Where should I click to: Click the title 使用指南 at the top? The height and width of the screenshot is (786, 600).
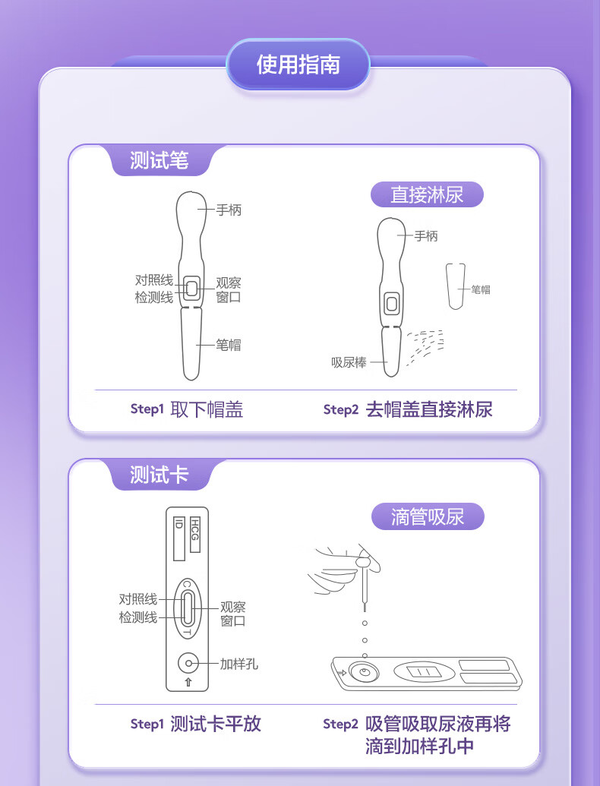click(x=298, y=64)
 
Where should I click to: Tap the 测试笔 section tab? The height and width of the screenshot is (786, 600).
click(x=159, y=160)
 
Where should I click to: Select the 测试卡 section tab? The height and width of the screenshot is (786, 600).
click(x=159, y=474)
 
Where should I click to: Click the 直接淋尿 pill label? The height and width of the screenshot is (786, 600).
click(x=427, y=194)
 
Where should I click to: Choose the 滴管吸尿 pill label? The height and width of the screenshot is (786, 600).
click(x=428, y=517)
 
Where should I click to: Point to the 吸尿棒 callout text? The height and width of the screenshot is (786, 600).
click(x=349, y=362)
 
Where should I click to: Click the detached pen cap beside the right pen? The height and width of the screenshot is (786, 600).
click(x=456, y=286)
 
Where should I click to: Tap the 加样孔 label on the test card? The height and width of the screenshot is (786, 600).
click(x=239, y=664)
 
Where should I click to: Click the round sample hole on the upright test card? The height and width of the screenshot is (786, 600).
click(x=188, y=663)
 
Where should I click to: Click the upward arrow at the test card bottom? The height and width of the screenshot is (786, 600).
click(x=188, y=682)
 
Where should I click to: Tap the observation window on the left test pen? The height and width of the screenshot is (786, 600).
click(x=191, y=289)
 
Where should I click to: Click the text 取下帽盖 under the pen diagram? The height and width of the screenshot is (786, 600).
click(x=207, y=409)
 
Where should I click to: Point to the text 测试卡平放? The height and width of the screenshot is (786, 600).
click(x=216, y=724)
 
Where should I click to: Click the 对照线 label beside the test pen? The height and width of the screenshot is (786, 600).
click(x=154, y=279)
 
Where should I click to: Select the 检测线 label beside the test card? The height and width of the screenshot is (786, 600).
click(x=137, y=617)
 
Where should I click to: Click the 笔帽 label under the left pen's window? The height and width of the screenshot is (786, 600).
click(x=228, y=345)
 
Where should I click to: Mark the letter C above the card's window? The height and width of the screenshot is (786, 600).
click(x=187, y=585)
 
